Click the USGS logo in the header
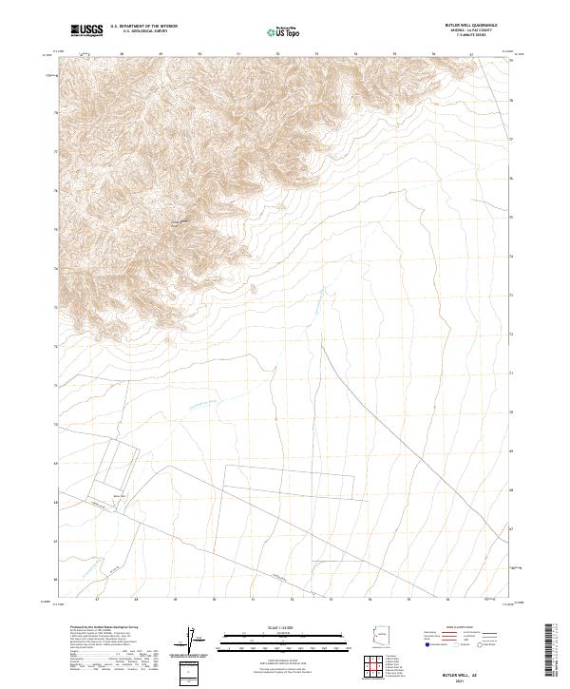pos(86,30)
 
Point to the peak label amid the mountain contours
pos(176,224)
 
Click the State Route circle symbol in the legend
pos(481,646)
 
